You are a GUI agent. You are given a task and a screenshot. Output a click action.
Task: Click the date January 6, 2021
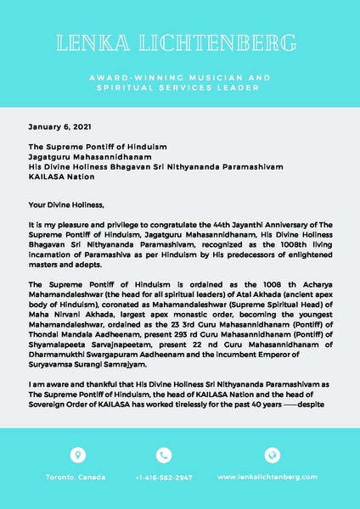(59, 126)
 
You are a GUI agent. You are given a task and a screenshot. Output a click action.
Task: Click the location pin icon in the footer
(79, 454)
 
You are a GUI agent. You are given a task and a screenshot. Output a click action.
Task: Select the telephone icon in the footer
(164, 454)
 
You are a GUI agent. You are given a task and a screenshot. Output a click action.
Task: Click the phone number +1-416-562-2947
(164, 478)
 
